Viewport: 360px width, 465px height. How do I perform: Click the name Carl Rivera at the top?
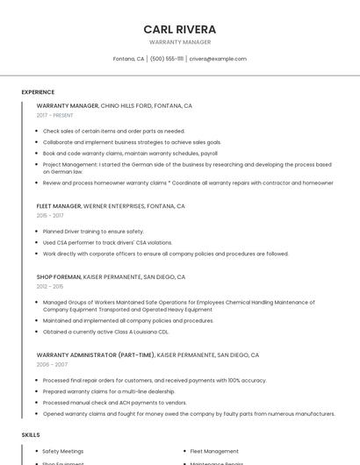pos(179,29)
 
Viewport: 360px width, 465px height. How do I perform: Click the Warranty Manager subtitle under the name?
pos(179,42)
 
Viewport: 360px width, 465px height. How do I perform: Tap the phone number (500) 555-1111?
pos(167,59)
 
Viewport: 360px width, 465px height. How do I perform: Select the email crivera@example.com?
pos(218,59)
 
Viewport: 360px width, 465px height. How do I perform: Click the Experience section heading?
pos(38,92)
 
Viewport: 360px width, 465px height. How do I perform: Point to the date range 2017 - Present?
pos(54,115)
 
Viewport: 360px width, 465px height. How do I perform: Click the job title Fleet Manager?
pos(59,206)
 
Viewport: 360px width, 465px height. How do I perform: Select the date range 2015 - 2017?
pos(50,215)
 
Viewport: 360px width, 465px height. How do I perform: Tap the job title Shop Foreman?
pos(58,277)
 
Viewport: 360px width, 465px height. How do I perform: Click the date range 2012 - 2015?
pos(50,286)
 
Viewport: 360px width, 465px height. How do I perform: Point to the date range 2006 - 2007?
pos(52,364)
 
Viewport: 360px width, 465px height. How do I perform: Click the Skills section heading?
pos(31,434)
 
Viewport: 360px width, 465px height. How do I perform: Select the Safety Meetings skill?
pos(63,451)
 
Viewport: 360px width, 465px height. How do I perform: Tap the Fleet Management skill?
pos(214,451)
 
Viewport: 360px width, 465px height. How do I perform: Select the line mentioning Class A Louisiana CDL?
pos(105,332)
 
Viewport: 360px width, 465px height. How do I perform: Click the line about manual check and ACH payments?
pos(114,403)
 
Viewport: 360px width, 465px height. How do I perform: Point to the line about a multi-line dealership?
pos(109,391)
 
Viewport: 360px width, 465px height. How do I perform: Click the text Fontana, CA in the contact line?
pos(128,59)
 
